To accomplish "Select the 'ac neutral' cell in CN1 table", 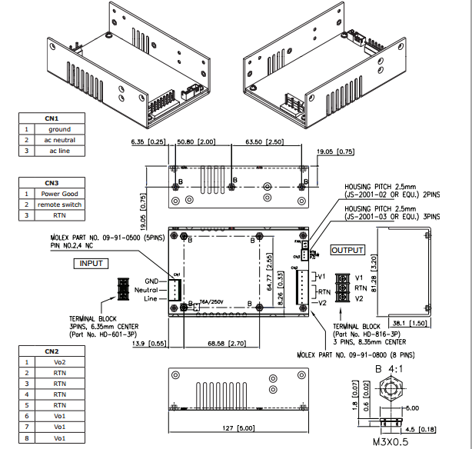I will pyautogui.click(x=59, y=140).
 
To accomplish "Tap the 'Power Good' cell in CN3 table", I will pyautogui.click(x=59, y=194).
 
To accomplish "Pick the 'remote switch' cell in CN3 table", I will pyautogui.click(x=59, y=205).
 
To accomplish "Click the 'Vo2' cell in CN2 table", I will pyautogui.click(x=59, y=361).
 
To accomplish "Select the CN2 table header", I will pyautogui.click(x=52, y=350).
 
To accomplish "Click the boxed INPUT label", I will pyautogui.click(x=92, y=263).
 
